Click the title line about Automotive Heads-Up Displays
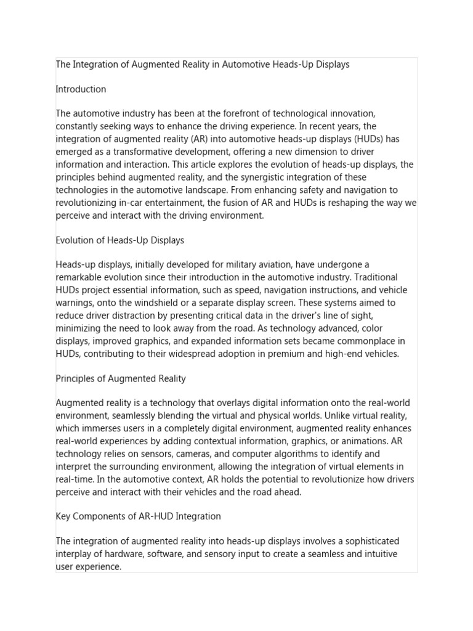(x=202, y=64)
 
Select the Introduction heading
(x=81, y=89)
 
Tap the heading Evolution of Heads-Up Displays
(x=119, y=240)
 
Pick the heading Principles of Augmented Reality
(x=121, y=378)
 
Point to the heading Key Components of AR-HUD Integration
(x=138, y=516)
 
